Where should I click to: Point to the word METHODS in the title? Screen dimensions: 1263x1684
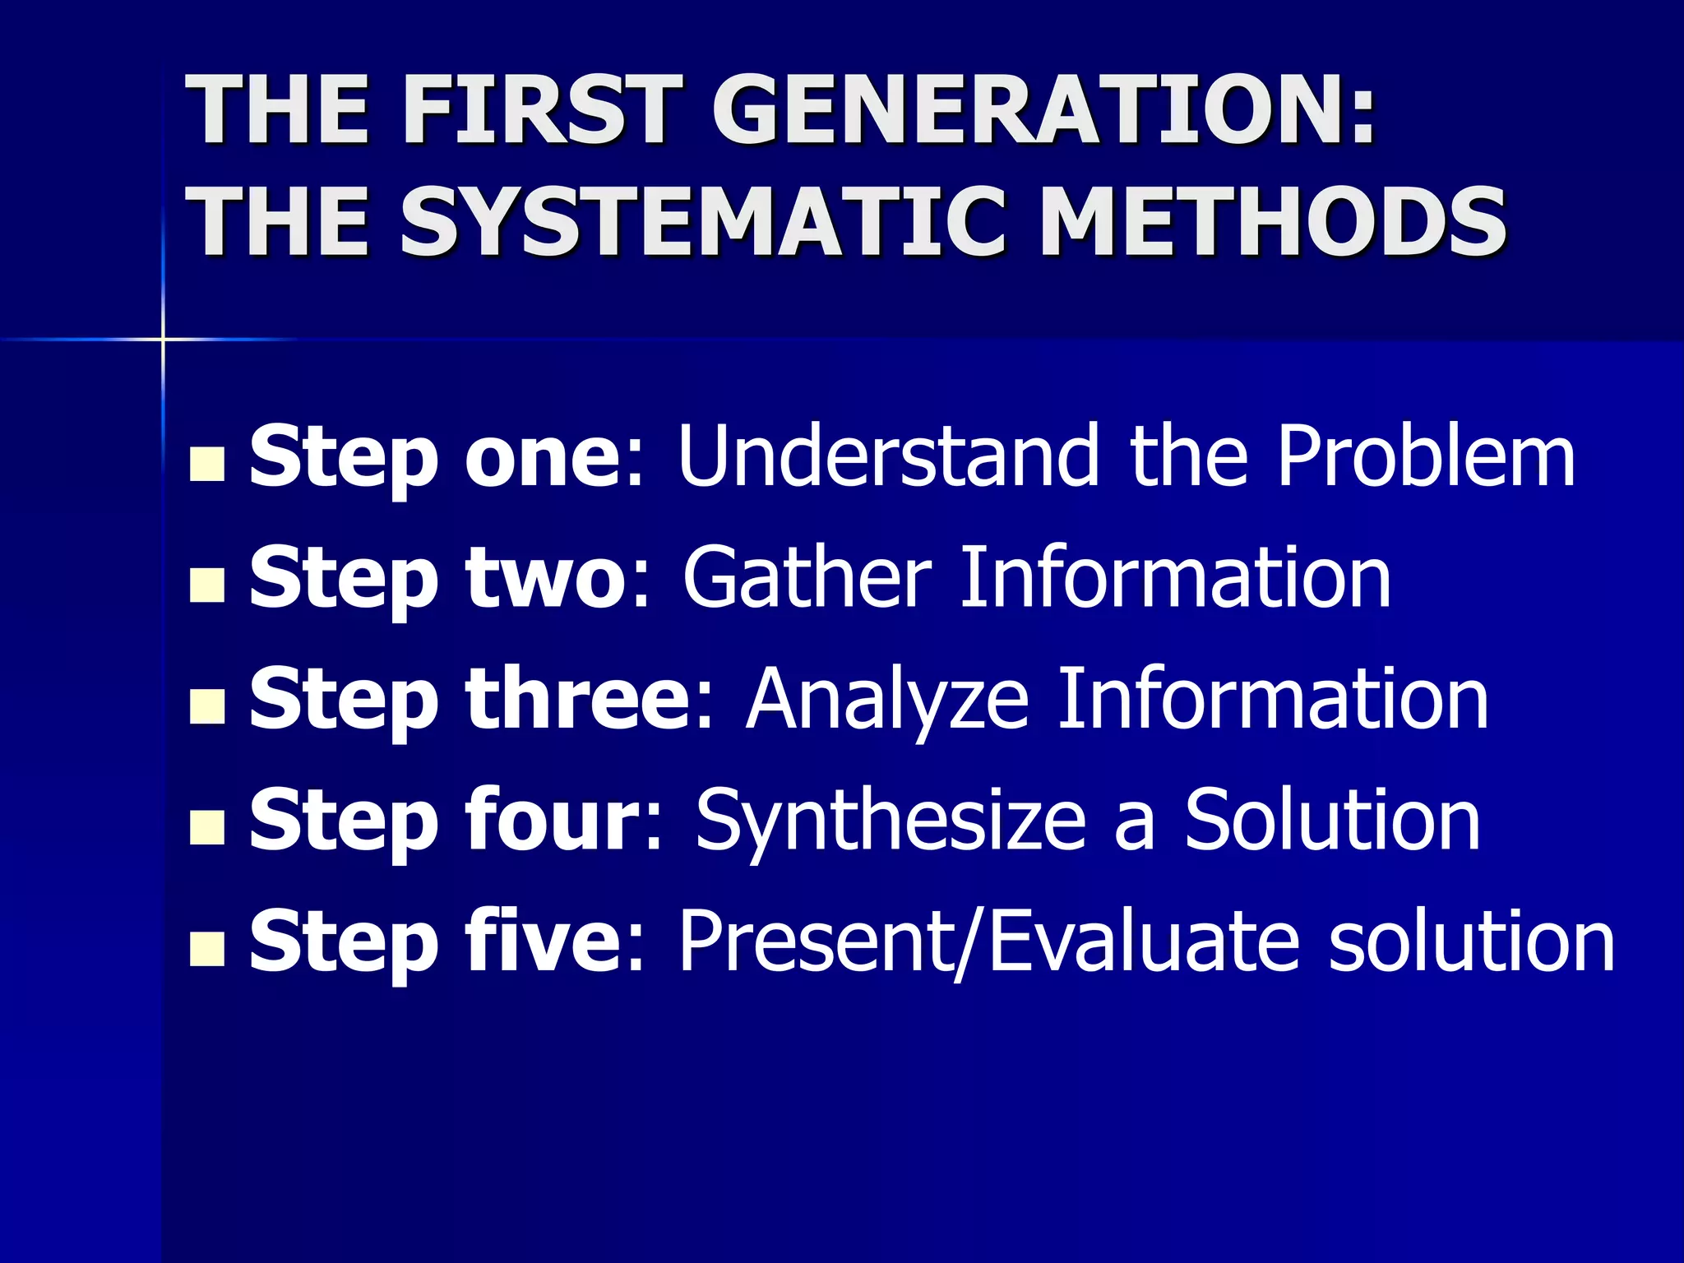coord(1273,220)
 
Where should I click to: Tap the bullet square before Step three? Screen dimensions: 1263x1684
coord(206,706)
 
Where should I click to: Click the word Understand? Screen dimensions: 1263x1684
coord(888,456)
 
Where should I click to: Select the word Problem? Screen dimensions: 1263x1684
coord(1426,456)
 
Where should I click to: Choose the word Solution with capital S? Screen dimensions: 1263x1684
coord(1333,820)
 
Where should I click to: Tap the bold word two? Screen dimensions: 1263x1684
coord(547,579)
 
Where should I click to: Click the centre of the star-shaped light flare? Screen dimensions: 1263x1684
coord(163,339)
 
